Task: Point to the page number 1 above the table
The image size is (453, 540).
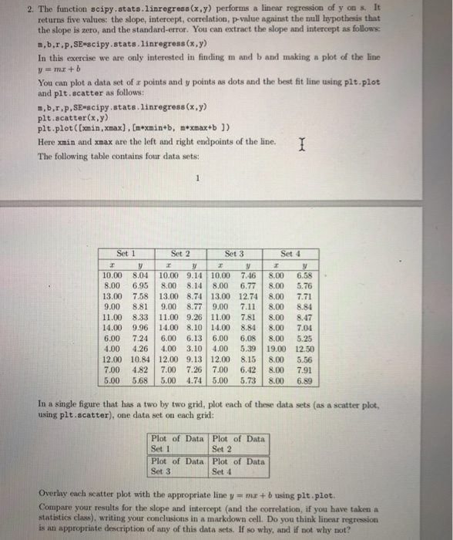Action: [x=196, y=183]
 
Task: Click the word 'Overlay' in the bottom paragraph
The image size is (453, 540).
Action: [x=52, y=491]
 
